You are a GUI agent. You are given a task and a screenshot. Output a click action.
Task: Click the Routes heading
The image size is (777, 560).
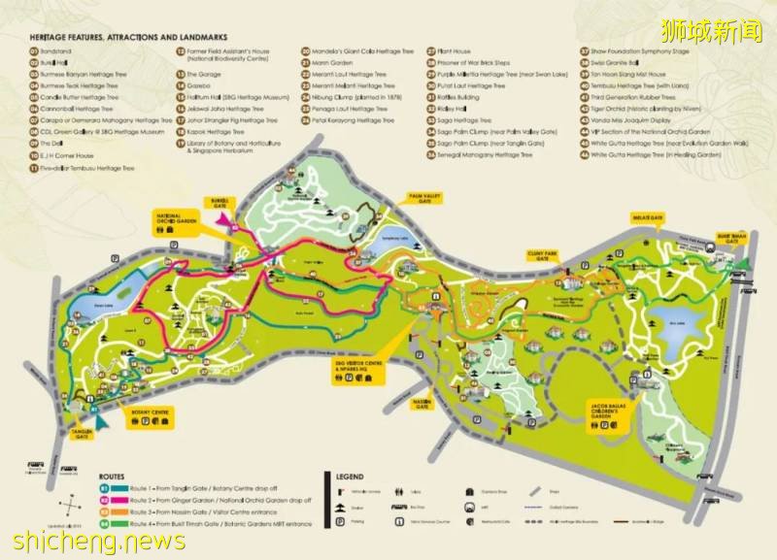[112, 476]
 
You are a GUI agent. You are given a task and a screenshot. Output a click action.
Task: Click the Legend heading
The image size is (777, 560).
[350, 477]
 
